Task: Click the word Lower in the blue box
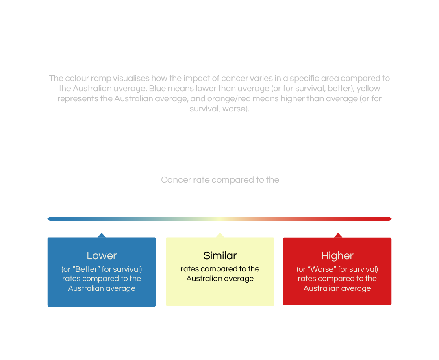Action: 102,256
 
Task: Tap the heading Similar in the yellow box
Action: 220,256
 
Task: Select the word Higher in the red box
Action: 337,256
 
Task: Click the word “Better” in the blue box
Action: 86,269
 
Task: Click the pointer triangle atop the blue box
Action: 102,235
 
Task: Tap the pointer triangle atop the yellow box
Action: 220,235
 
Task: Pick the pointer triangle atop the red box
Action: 338,235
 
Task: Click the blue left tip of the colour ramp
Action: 49,219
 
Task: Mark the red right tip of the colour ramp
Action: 390,219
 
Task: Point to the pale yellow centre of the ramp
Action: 219,219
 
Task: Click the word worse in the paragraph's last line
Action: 235,109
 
